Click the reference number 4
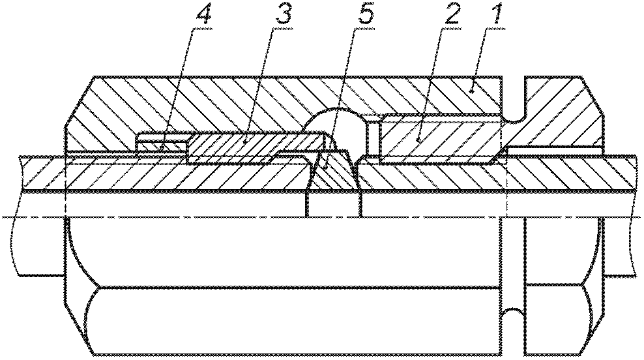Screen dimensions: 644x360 [x=203, y=16]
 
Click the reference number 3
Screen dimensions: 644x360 [x=283, y=16]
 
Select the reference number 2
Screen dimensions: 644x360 [x=450, y=16]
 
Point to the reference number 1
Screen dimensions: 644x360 [x=496, y=16]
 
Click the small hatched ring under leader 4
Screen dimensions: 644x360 [x=161, y=146]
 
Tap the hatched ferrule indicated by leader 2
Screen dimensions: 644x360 [x=439, y=140]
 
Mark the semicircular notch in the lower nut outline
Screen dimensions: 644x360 [x=514, y=315]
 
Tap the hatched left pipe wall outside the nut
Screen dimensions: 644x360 [x=41, y=173]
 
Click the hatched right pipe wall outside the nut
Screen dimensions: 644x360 [x=618, y=173]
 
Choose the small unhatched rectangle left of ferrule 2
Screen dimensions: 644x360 [x=373, y=138]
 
